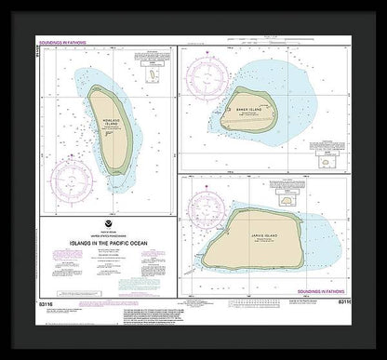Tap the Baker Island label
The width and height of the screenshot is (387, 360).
tap(250, 105)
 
